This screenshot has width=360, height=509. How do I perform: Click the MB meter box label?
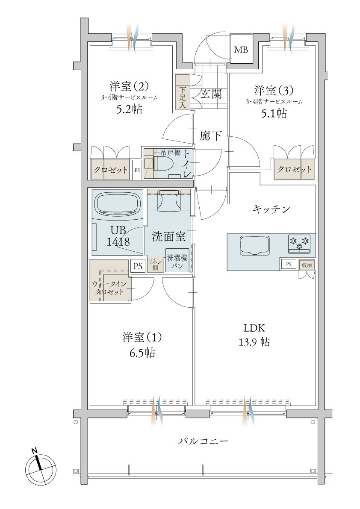pyautogui.click(x=241, y=50)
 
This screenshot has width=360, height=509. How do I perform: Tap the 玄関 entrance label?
pyautogui.click(x=211, y=94)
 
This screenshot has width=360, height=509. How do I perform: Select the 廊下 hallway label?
pyautogui.click(x=211, y=135)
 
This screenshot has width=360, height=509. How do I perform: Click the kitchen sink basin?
pyautogui.click(x=255, y=245)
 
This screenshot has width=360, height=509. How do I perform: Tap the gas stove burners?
pyautogui.click(x=299, y=244)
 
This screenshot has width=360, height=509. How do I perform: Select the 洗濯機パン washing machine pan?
pyautogui.click(x=177, y=260)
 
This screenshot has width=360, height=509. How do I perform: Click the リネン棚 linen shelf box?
pyautogui.click(x=155, y=265)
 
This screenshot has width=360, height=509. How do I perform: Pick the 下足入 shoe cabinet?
pyautogui.click(x=183, y=92)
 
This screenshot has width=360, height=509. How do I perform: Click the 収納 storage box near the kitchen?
pyautogui.click(x=307, y=265)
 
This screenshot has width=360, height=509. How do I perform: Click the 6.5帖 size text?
pyautogui.click(x=142, y=353)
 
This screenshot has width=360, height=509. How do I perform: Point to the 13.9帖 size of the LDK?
pyautogui.click(x=254, y=342)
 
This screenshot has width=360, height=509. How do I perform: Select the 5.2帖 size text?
pyautogui.click(x=129, y=109)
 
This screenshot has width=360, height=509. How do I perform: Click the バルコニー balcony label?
pyautogui.click(x=203, y=441)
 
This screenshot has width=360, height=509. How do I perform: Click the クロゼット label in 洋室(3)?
pyautogui.click(x=295, y=169)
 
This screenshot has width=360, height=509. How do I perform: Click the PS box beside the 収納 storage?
pyautogui.click(x=289, y=264)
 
